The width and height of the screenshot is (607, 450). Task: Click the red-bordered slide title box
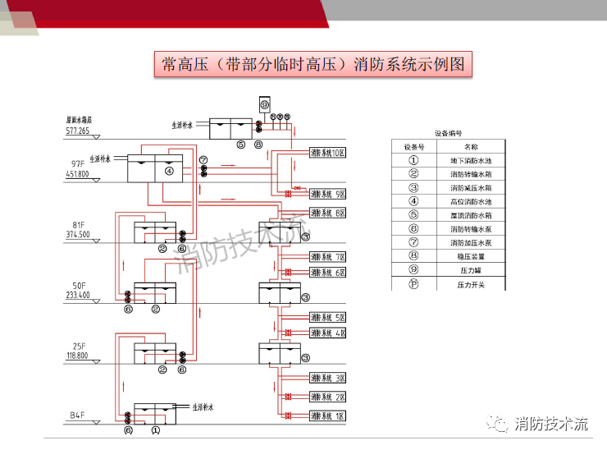tap(314, 64)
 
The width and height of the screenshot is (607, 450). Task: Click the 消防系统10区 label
tap(329, 153)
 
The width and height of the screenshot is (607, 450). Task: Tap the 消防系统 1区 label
tap(329, 417)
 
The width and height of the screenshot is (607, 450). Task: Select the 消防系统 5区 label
tap(329, 318)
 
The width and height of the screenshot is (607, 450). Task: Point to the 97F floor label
tap(79, 163)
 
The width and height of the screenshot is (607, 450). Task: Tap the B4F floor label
tap(78, 416)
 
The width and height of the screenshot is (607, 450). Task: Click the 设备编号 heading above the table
tap(448, 132)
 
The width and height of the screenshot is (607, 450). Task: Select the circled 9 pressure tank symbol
tap(264, 106)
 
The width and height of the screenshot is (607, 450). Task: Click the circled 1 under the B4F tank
tap(156, 429)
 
